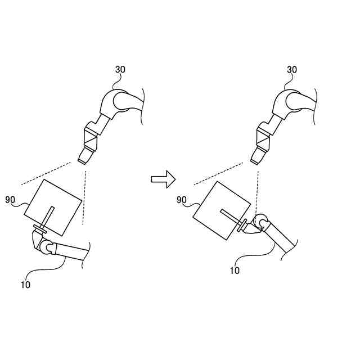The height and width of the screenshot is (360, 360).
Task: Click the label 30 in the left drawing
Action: [120, 70]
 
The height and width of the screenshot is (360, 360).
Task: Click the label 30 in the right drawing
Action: [292, 70]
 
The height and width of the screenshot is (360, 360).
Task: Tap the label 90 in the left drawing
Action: [10, 199]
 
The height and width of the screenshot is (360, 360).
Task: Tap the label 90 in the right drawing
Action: [181, 200]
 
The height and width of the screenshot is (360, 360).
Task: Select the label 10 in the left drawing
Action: [25, 285]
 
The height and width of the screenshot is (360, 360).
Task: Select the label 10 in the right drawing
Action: [235, 270]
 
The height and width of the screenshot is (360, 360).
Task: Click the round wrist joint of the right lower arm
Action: [259, 222]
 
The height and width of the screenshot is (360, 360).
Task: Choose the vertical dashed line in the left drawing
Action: [84, 197]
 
